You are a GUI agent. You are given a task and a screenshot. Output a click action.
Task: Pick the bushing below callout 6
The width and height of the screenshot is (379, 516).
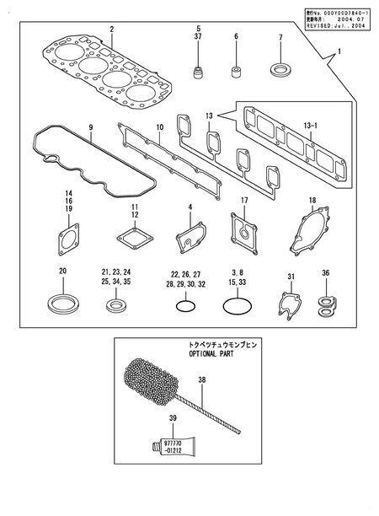237,67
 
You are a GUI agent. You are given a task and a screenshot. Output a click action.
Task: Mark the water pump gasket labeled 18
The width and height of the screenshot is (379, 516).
309,236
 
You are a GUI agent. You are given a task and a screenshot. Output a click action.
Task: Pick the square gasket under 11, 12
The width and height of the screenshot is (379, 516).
135,238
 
